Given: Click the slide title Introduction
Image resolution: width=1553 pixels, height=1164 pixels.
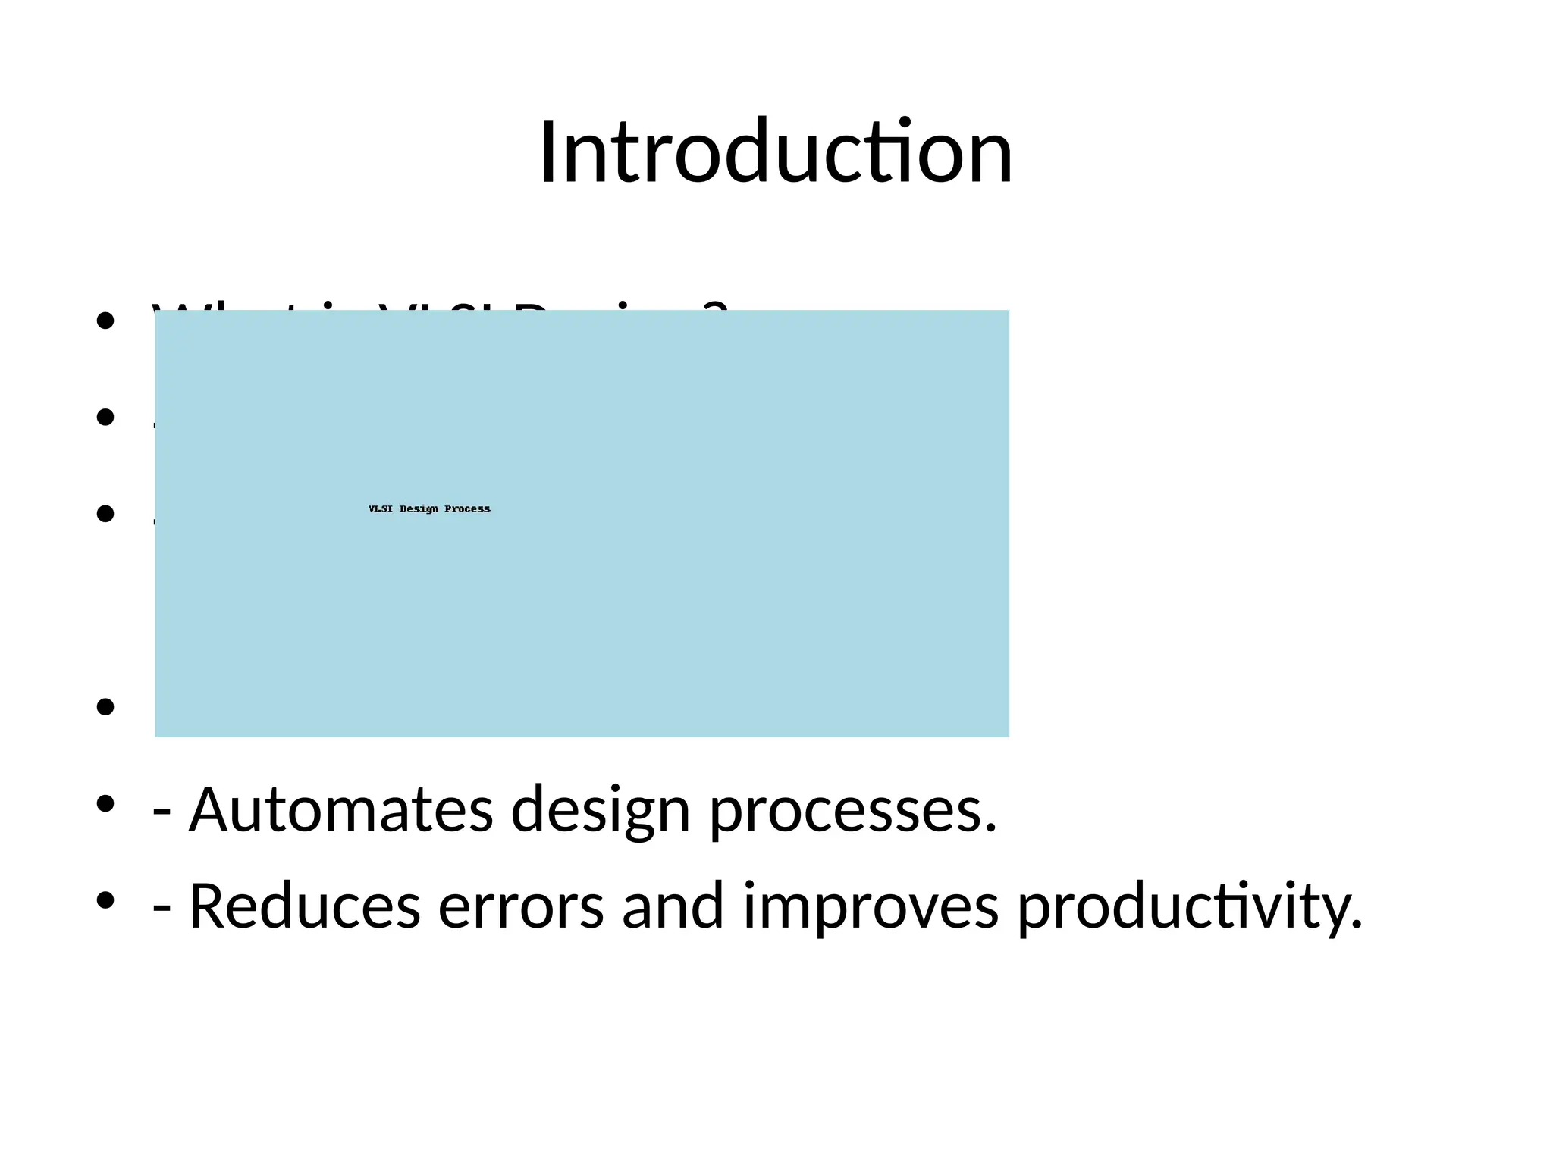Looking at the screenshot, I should tap(776, 153).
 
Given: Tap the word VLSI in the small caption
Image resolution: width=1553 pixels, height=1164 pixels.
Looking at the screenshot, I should tap(381, 508).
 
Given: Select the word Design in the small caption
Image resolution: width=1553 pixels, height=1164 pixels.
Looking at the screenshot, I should tap(419, 508).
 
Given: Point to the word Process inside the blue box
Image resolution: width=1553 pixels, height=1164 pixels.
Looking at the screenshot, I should tap(467, 508).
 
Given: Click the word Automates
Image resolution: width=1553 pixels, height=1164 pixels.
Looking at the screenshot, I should tap(340, 809).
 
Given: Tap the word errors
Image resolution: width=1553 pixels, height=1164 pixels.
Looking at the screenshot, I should tap(521, 907).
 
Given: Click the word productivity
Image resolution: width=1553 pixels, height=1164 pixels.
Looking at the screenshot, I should tap(1189, 907).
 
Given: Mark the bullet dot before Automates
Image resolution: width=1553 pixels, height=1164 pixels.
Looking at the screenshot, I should tap(105, 803).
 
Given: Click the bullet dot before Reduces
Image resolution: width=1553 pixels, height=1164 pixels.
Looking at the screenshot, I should tap(105, 900).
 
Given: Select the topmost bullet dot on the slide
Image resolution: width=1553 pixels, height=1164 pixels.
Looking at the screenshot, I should tap(105, 321).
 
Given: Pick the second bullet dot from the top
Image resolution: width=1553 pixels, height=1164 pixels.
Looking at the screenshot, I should tap(105, 417).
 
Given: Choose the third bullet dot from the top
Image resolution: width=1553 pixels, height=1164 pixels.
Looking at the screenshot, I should tap(105, 514).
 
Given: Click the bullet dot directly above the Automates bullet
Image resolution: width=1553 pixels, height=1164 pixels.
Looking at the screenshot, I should tap(105, 707).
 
